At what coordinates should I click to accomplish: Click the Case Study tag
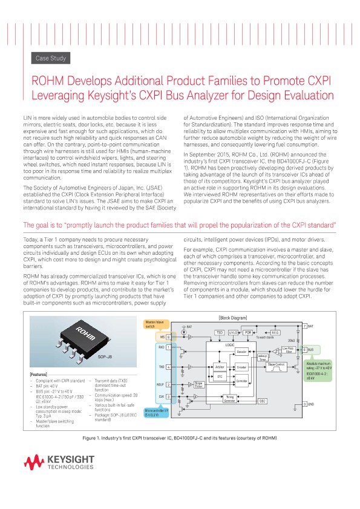51,58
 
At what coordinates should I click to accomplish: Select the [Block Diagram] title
232,318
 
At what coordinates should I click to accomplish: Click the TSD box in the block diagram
220,332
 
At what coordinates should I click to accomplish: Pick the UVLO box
234,332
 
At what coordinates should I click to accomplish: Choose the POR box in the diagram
247,332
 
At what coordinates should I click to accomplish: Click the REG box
275,332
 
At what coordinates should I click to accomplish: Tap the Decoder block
242,351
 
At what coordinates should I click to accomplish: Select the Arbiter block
220,367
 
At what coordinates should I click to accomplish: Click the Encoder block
241,367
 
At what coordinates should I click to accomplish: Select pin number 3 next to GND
304,404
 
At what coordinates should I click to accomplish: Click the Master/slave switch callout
152,324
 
